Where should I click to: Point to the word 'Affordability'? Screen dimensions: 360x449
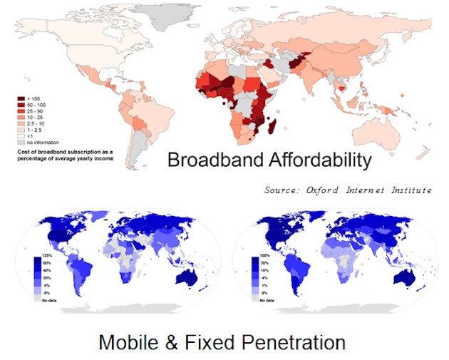315,160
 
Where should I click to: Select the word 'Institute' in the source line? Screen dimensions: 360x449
408,191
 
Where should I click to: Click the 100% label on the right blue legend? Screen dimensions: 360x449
266,254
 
